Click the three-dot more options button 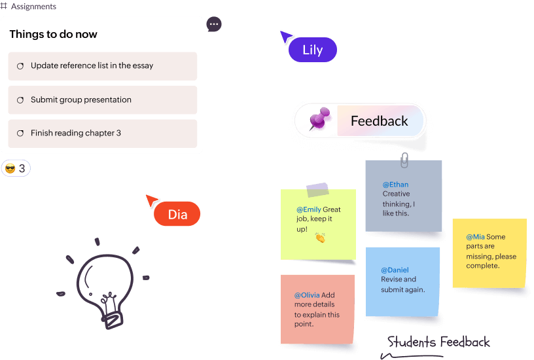point(214,24)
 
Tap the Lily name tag point(313,50)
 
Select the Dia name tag point(177,214)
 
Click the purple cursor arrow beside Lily point(285,37)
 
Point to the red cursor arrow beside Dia point(152,200)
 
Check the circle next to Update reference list point(20,66)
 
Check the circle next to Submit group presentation point(20,100)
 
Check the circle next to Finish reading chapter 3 point(20,134)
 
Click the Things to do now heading point(53,35)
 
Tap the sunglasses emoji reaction point(10,169)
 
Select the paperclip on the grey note point(404,159)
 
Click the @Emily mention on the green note point(308,210)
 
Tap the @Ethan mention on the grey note point(395,185)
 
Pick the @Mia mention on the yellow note point(475,237)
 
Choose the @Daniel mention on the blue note point(395,270)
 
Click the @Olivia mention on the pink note point(307,295)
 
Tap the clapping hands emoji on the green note point(320,238)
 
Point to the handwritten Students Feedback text point(438,342)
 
